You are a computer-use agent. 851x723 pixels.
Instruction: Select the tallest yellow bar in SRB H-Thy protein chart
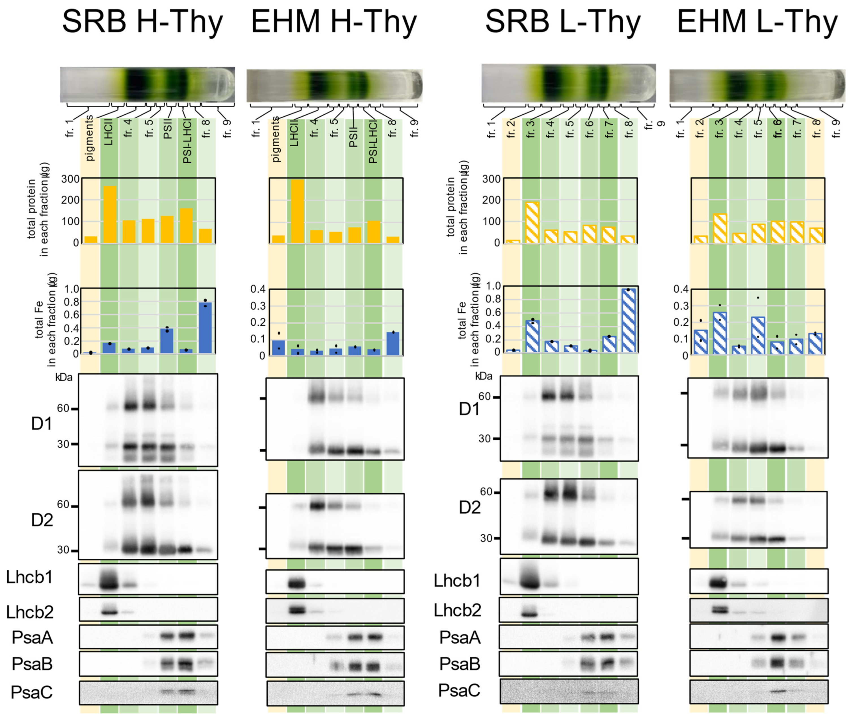click(109, 214)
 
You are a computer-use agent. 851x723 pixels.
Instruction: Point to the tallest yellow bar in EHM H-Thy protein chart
click(297, 211)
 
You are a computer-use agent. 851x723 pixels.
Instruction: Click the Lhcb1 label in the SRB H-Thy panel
click(29, 577)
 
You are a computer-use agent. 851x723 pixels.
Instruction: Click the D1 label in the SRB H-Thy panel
click(42, 423)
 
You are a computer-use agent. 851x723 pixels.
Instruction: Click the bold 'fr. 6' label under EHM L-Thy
click(777, 128)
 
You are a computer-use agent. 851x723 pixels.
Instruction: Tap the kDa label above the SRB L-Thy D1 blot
click(484, 376)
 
